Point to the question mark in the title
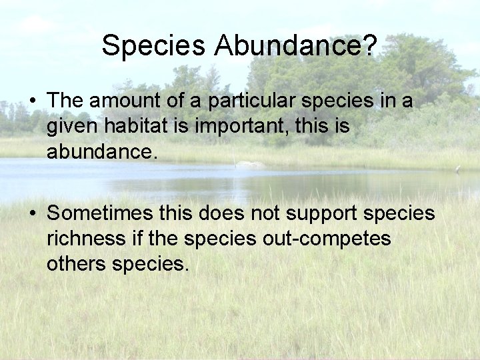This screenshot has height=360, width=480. [x=371, y=45]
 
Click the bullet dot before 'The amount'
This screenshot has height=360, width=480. [x=33, y=102]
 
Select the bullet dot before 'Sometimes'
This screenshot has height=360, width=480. [x=33, y=214]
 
